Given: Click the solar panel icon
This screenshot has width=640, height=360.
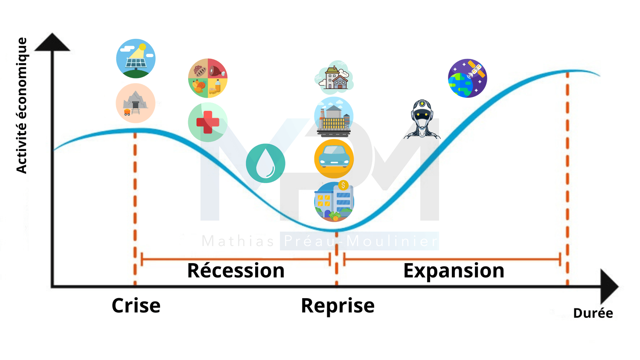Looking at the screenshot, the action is [136, 58].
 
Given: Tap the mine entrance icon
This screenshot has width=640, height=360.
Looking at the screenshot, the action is [136, 103].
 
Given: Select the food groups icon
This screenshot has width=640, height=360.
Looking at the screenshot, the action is [208, 78].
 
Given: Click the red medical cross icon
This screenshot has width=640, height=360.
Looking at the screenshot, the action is [208, 122].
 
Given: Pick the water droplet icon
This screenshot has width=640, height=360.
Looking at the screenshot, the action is [265, 163].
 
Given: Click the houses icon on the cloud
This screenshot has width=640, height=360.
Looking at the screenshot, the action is [334, 78].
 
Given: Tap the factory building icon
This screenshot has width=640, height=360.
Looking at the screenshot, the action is [334, 117].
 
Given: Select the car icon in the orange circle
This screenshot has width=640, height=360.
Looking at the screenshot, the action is [334, 159].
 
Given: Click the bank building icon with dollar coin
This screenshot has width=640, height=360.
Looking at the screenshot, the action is [334, 201].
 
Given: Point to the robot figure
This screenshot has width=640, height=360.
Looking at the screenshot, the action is [422, 119].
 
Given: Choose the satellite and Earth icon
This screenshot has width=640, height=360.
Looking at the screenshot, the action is [468, 78].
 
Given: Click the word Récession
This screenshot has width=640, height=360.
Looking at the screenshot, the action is [236, 270].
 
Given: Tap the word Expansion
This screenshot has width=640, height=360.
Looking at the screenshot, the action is [454, 270].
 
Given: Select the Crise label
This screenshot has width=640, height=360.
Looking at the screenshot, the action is [136, 305].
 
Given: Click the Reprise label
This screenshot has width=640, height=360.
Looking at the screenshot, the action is [338, 306].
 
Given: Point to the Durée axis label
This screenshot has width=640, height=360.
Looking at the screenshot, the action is [593, 313].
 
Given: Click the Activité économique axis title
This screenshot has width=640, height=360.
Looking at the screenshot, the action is [21, 105].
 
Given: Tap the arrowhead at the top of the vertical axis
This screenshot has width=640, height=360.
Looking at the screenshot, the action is [52, 42].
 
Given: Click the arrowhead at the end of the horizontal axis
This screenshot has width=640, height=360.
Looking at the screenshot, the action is [609, 286].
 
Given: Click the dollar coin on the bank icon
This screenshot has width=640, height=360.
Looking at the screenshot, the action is [343, 186].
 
